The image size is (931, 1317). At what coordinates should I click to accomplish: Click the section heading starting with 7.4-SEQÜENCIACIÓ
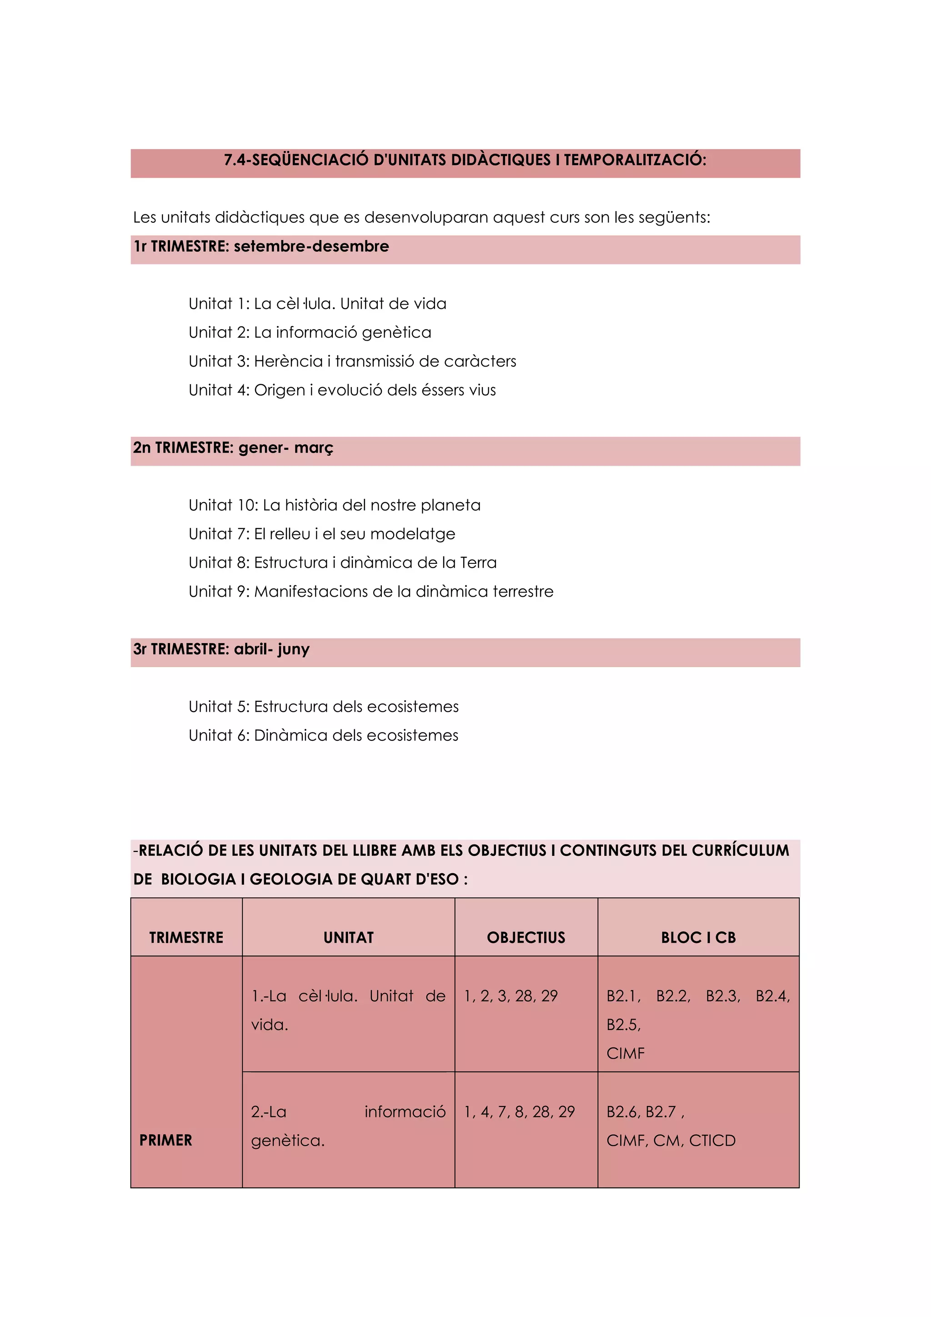[465, 160]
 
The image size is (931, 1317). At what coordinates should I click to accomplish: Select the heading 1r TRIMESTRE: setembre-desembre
[261, 246]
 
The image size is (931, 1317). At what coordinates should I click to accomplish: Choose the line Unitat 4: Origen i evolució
[342, 390]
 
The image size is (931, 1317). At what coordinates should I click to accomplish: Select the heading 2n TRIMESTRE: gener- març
[233, 448]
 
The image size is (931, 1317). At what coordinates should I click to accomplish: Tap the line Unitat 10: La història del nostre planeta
[334, 505]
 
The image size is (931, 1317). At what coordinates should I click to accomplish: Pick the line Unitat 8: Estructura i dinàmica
[342, 563]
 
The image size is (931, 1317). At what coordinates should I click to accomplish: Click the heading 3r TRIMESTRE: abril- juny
[221, 649]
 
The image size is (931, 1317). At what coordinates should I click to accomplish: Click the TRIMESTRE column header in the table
[186, 938]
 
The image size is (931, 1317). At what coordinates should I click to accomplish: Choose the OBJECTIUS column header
[526, 938]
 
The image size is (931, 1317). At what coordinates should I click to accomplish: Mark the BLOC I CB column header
[698, 938]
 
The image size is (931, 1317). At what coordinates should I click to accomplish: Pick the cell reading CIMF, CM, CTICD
[671, 1141]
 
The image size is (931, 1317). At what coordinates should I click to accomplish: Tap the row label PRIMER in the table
[165, 1141]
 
